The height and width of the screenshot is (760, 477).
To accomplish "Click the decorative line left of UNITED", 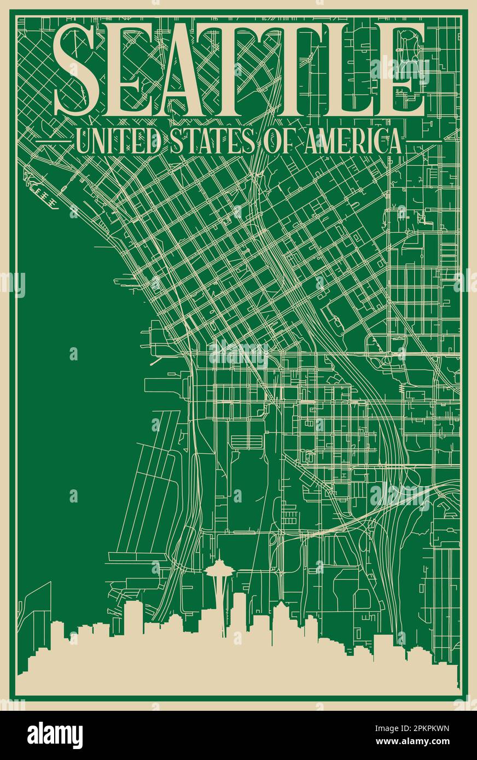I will tap(53, 142).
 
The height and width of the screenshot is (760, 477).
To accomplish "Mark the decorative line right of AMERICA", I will tap(424, 142).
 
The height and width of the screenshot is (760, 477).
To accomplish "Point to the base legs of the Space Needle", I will tap(223, 629).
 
